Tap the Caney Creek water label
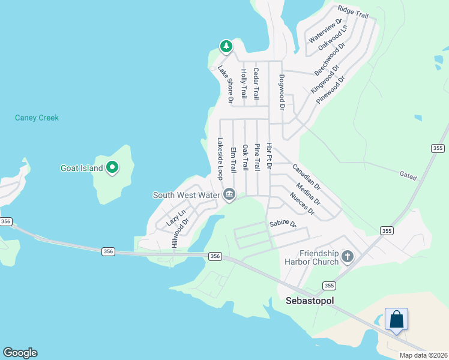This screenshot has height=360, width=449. pyautogui.click(x=37, y=118)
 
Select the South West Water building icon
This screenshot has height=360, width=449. pyautogui.click(x=229, y=194)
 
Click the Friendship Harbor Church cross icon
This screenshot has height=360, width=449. pyautogui.click(x=347, y=257)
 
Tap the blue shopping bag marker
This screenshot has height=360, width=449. pyautogui.click(x=396, y=319)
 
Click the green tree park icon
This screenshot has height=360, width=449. pyautogui.click(x=226, y=46)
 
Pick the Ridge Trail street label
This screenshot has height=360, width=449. pyautogui.click(x=353, y=11)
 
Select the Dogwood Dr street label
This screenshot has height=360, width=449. pyautogui.click(x=281, y=92)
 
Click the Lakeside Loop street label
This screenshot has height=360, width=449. pyautogui.click(x=220, y=158)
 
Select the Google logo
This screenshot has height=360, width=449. pyautogui.click(x=20, y=352)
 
